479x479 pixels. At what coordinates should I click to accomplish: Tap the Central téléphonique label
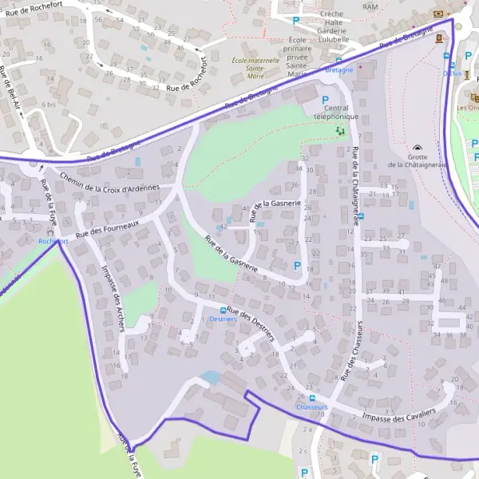[337, 112]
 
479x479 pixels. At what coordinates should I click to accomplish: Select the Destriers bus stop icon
[223, 310]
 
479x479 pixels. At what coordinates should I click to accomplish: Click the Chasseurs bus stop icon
[312, 398]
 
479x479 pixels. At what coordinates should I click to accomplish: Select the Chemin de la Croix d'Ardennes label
[109, 183]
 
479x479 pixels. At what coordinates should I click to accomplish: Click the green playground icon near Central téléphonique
[340, 129]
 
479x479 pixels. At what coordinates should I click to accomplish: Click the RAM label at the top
[370, 6]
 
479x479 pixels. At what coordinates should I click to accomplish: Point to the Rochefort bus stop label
[53, 241]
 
